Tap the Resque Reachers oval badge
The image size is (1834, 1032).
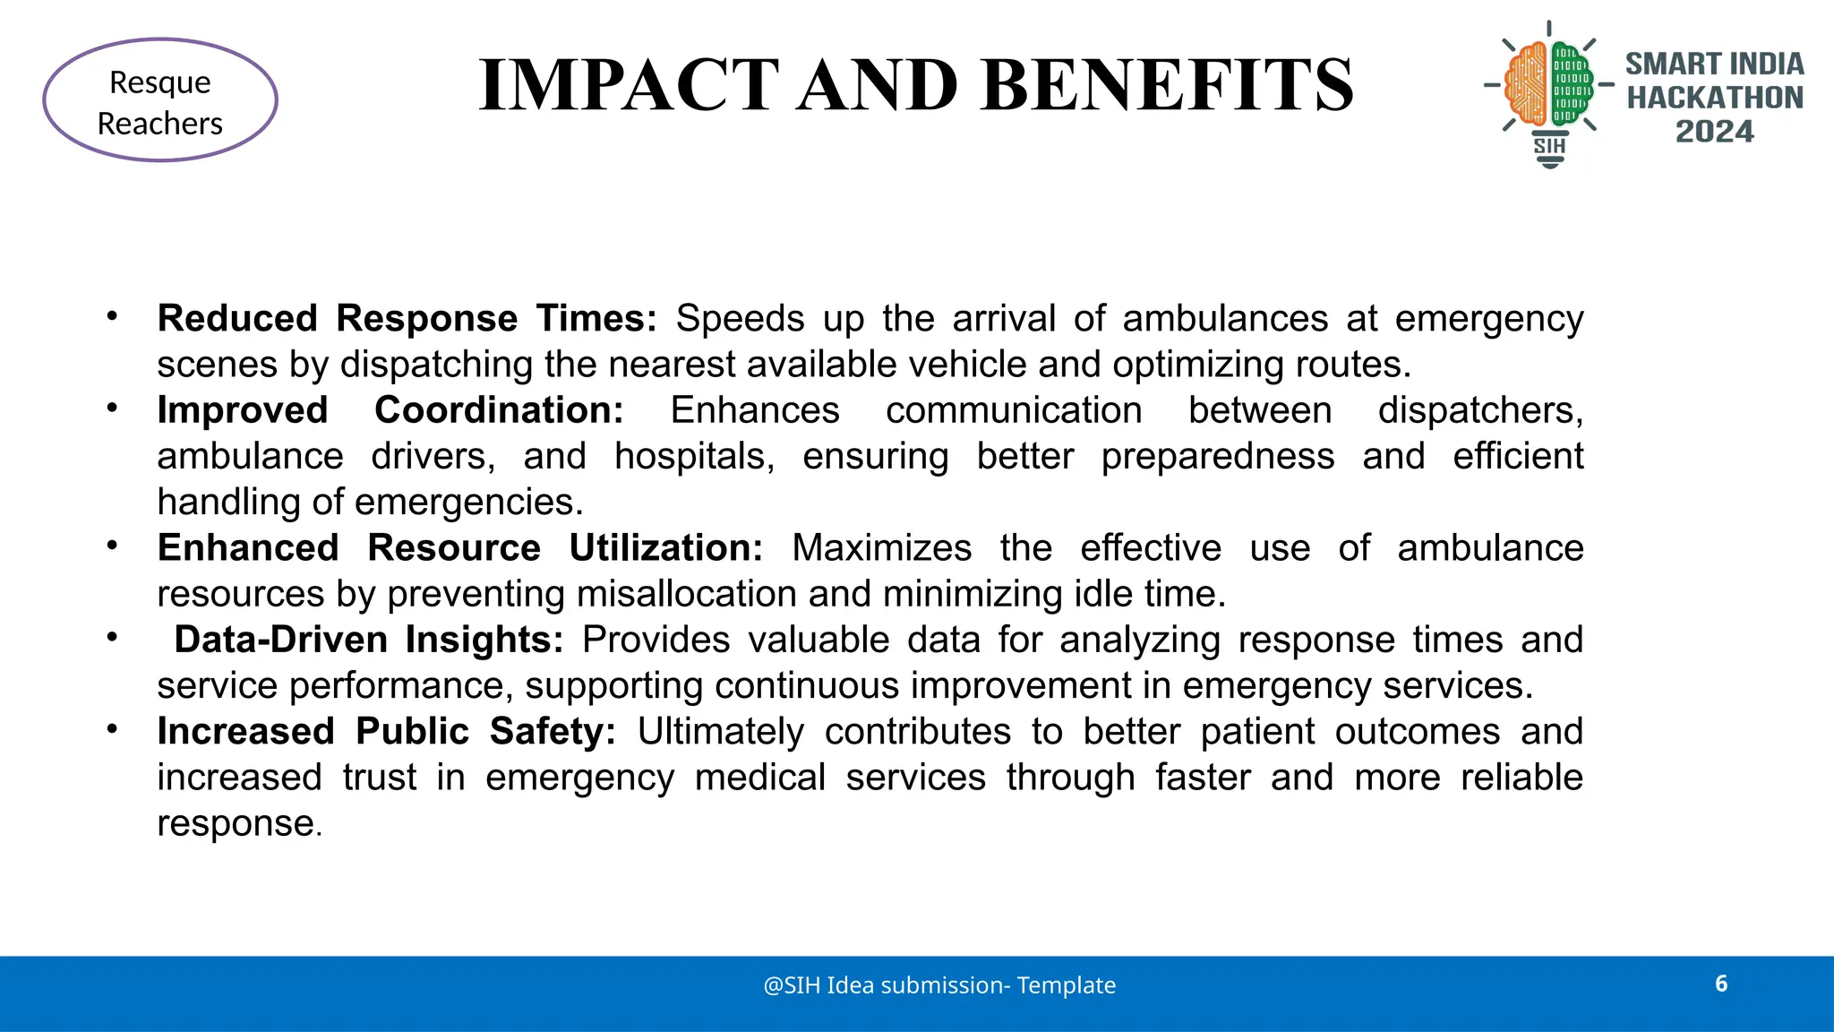pos(160,100)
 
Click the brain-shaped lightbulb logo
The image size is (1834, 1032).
pos(1549,90)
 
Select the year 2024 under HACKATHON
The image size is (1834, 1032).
pos(1714,132)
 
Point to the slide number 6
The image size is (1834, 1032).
pos(1721,984)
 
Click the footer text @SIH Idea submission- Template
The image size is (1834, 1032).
pos(939,985)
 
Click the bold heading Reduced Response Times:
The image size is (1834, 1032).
pos(407,319)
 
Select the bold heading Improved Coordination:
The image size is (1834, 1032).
pos(390,410)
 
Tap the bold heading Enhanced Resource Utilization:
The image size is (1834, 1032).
pos(460,548)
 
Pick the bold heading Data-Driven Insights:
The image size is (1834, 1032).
pos(369,640)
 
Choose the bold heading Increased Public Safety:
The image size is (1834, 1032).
pos(387,732)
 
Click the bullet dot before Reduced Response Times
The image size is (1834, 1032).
pos(112,315)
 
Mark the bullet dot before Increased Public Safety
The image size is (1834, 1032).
pos(112,728)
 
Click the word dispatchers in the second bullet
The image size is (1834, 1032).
pos(1479,410)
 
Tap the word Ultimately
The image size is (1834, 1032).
pos(721,732)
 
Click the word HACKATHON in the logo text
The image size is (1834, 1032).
pos(1714,98)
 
